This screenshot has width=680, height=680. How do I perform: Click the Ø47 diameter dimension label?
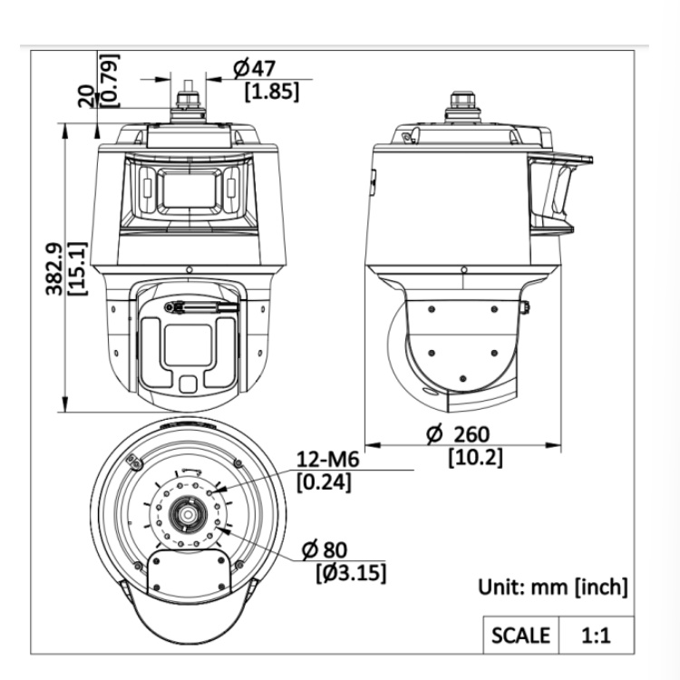(254, 68)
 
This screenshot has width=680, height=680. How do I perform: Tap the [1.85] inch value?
(272, 92)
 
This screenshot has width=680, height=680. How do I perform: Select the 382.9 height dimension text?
(54, 269)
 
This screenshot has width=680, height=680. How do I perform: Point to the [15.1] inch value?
(78, 269)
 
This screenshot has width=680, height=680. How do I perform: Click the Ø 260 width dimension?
(458, 433)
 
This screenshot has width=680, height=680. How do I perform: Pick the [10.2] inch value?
(476, 457)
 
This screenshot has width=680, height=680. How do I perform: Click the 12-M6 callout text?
(328, 459)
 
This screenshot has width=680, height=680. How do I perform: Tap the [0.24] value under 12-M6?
(324, 481)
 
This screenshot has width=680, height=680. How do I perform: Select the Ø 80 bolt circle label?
(325, 549)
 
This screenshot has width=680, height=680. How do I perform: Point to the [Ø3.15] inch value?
(351, 573)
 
